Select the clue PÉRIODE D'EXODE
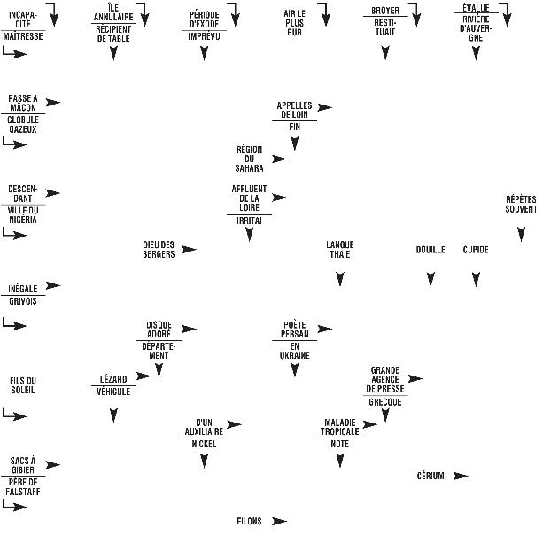(x=204, y=19)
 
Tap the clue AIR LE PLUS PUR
(x=294, y=23)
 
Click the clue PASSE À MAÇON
(x=22, y=103)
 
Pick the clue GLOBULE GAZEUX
(x=22, y=124)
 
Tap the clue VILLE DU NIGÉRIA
(x=22, y=214)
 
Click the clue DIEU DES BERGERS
(x=159, y=249)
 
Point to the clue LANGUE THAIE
(x=340, y=249)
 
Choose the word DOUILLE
(x=431, y=250)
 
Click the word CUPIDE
(x=476, y=250)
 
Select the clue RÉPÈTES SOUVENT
(x=521, y=205)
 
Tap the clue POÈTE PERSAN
(x=294, y=330)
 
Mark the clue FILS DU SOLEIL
(x=22, y=385)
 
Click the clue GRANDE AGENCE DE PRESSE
(x=385, y=378)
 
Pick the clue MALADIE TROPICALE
(x=340, y=426)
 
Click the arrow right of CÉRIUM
(x=460, y=476)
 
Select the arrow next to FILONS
(x=279, y=521)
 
